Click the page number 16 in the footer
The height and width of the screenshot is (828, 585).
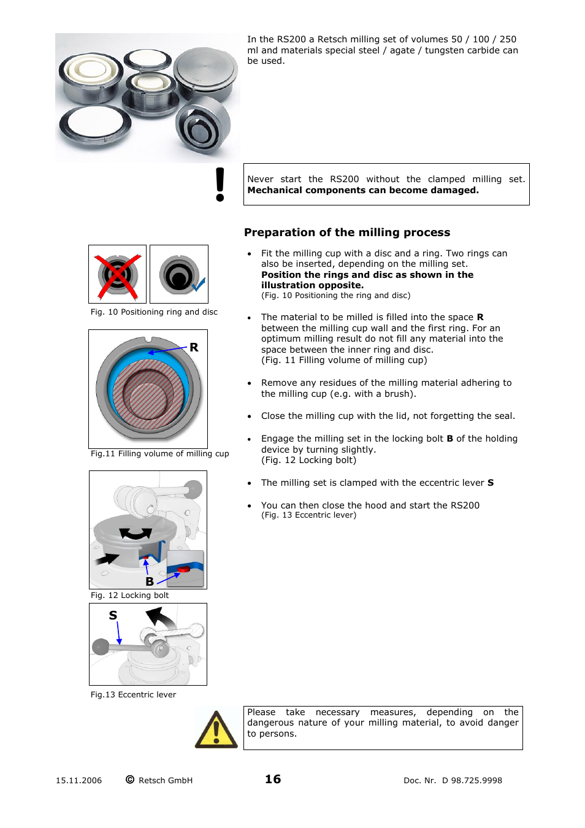click(x=273, y=779)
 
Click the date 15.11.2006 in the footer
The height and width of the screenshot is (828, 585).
click(x=78, y=781)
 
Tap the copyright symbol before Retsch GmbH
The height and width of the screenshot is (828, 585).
click(x=130, y=780)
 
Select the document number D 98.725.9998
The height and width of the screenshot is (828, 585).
click(x=472, y=781)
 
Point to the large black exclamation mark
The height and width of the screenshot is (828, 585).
click(x=220, y=184)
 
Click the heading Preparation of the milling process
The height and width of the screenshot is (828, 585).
click(x=347, y=232)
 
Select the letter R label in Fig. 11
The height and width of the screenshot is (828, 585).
click(x=194, y=347)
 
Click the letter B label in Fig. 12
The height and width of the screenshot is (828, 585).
click(x=150, y=581)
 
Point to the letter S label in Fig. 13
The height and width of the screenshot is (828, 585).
click(x=113, y=615)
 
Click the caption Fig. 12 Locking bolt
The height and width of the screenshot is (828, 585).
click(x=129, y=596)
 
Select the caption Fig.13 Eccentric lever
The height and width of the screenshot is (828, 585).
click(x=133, y=695)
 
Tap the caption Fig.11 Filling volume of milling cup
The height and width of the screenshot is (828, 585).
click(x=159, y=454)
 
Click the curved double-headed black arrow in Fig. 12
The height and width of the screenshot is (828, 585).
click(x=136, y=534)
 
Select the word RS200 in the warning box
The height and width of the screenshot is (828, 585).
click(x=344, y=179)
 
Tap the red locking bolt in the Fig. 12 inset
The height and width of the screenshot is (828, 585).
click(x=183, y=570)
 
